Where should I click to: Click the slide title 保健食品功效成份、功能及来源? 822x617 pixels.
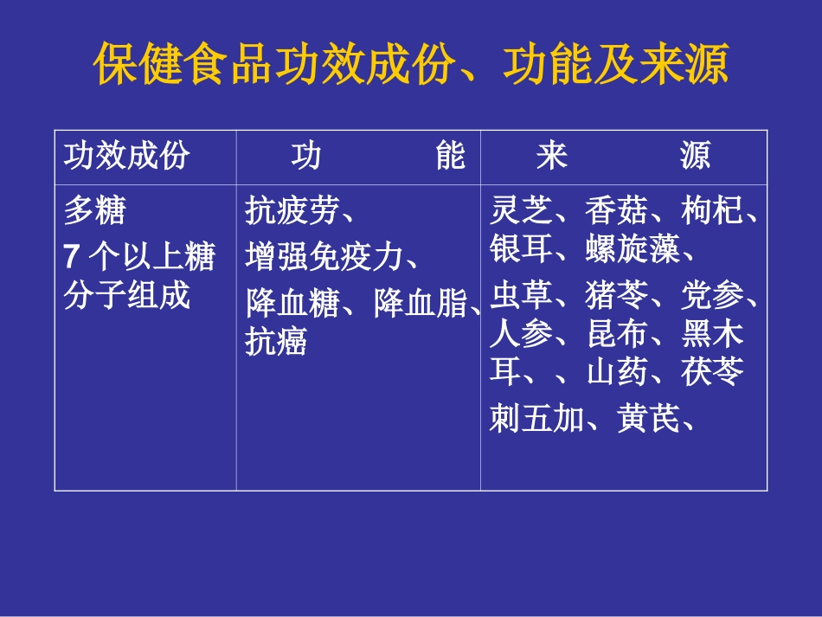(411, 66)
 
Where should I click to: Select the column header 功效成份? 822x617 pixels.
(126, 157)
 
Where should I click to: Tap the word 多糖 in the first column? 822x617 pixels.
(95, 209)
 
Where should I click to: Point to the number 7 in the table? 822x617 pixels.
(73, 256)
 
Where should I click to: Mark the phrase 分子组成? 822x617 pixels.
(126, 296)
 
